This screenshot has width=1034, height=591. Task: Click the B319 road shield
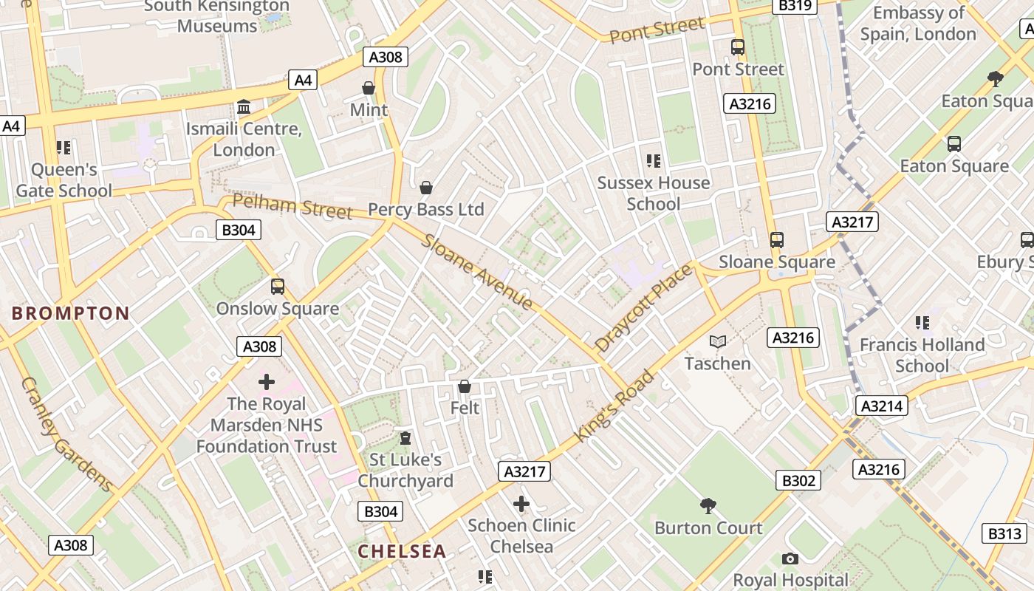[x=795, y=6]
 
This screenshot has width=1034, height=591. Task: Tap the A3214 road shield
[x=882, y=406]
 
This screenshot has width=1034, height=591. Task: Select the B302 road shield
[x=799, y=481]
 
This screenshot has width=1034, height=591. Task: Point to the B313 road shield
[x=1005, y=533]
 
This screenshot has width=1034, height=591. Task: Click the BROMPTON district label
[x=71, y=313]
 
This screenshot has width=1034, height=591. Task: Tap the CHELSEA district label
[x=402, y=551]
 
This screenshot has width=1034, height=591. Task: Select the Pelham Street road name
[x=292, y=206]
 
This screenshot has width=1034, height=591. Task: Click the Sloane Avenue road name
[x=477, y=272]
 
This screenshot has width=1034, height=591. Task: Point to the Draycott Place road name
[x=643, y=307]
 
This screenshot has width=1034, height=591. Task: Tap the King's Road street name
[x=614, y=406]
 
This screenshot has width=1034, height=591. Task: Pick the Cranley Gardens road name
[x=66, y=435]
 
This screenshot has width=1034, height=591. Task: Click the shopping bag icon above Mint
[x=369, y=89]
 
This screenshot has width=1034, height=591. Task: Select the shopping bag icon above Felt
[x=465, y=386]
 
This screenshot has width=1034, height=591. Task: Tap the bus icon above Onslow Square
[x=278, y=287]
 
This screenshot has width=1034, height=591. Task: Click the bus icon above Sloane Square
[x=776, y=240]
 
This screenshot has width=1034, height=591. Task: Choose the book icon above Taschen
[x=718, y=342]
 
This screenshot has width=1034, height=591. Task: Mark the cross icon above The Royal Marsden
[x=267, y=382]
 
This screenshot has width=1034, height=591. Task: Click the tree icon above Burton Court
[x=708, y=506]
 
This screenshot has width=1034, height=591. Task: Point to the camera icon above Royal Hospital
[x=790, y=559]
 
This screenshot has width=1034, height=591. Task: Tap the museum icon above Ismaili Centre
[x=244, y=108]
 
